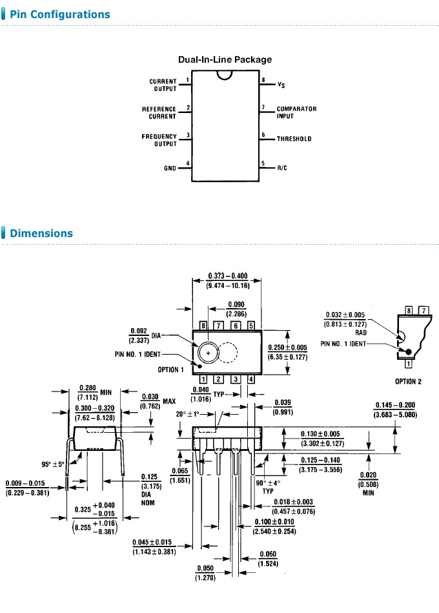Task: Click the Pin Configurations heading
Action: pyautogui.click(x=59, y=14)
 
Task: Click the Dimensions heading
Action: pyautogui.click(x=41, y=233)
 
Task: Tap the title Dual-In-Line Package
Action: pyautogui.click(x=225, y=59)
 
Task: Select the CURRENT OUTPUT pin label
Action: pyautogui.click(x=163, y=85)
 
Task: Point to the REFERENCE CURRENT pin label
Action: pyautogui.click(x=159, y=112)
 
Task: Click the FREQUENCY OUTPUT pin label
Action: pyautogui.click(x=159, y=140)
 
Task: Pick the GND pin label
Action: pyautogui.click(x=170, y=168)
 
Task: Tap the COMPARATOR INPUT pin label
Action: pyautogui.click(x=296, y=112)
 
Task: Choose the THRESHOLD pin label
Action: pyautogui.click(x=294, y=139)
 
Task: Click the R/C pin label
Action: pyautogui.click(x=282, y=168)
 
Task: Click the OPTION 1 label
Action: pyautogui.click(x=171, y=369)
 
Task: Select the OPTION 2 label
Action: pyautogui.click(x=408, y=381)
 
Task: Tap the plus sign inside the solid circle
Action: pyautogui.click(x=208, y=352)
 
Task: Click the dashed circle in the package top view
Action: pyautogui.click(x=228, y=353)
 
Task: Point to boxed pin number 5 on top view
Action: pyautogui.click(x=250, y=326)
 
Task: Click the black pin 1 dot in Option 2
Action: pyautogui.click(x=408, y=351)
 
